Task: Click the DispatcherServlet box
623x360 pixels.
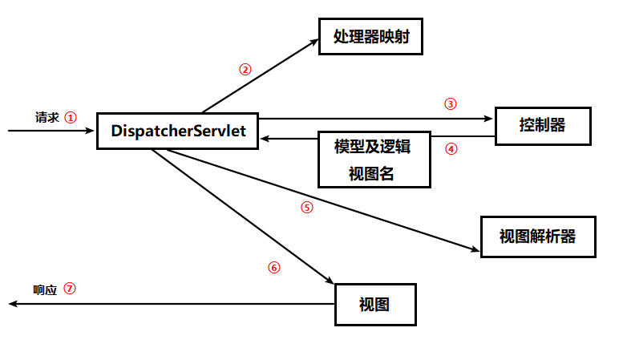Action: point(178,130)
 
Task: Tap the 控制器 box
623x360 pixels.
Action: point(543,125)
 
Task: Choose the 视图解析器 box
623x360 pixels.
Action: point(538,237)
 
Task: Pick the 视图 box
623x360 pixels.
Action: point(375,305)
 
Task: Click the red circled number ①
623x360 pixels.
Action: point(71,117)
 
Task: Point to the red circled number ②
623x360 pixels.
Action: point(245,69)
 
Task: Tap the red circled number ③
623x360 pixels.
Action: point(450,103)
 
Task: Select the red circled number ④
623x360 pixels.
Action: point(451,148)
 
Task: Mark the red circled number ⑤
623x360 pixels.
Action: point(306,207)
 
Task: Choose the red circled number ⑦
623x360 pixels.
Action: point(70,289)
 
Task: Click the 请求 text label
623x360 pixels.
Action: point(47,117)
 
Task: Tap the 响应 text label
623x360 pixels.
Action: point(45,289)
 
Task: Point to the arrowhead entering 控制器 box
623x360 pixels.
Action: point(490,119)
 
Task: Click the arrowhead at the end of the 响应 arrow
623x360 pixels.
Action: point(11,305)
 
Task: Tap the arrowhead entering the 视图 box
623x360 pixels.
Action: point(330,281)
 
